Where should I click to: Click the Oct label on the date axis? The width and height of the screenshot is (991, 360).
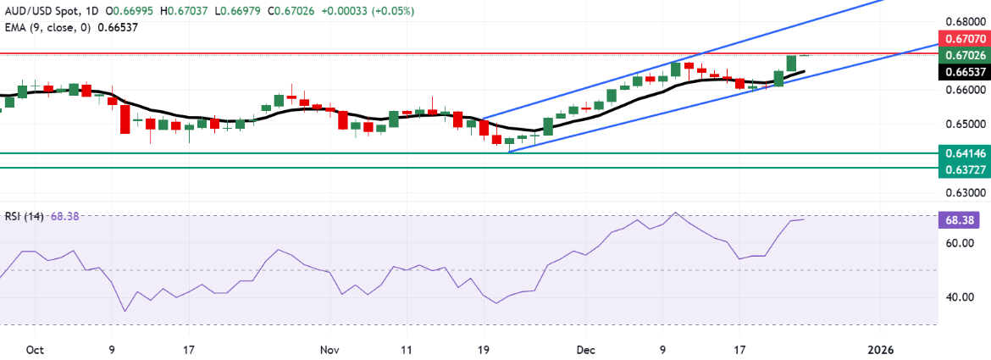[x=35, y=349]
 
